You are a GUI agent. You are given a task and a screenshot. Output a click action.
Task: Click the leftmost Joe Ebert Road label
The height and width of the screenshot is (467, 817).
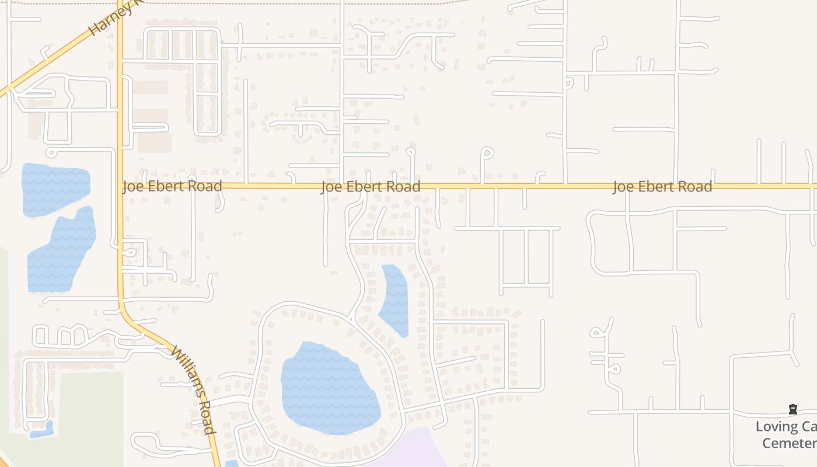tap(172, 186)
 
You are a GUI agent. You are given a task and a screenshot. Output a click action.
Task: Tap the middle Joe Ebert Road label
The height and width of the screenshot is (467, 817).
tap(371, 187)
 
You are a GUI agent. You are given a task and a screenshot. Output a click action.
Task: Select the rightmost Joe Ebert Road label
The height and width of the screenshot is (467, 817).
tap(662, 187)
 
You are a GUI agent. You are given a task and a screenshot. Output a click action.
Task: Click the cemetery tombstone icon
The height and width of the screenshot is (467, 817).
tap(793, 410)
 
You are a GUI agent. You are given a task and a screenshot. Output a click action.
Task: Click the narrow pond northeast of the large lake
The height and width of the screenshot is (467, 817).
tap(395, 299)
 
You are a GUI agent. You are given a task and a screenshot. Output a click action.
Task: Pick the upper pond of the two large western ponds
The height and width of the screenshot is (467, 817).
tap(55, 188)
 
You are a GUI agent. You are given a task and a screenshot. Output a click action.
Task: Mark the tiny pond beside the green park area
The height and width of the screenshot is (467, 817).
tap(42, 431)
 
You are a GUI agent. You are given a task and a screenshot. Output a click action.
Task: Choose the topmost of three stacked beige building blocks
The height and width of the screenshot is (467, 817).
tap(150, 88)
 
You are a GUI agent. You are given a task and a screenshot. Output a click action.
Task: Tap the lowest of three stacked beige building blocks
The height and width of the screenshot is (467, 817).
tap(155, 142)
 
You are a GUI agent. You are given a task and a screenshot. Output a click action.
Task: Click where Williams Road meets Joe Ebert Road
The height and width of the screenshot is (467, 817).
tap(121, 186)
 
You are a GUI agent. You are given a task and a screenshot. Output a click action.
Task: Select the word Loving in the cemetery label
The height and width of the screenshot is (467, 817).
tap(777, 427)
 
